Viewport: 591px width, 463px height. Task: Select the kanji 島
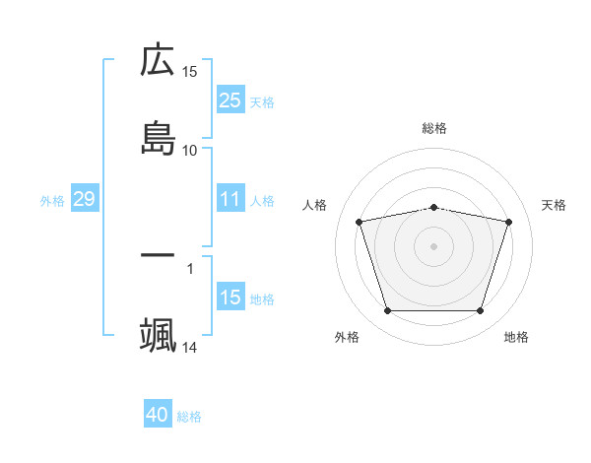tap(158, 139)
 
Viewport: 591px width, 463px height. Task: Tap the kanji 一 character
tap(158, 256)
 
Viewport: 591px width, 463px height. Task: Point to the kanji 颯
tap(158, 336)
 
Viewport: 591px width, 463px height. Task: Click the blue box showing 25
tap(230, 100)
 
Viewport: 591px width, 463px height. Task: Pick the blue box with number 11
tap(230, 200)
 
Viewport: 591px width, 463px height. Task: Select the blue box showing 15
tap(230, 298)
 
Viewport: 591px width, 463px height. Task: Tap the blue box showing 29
tap(84, 200)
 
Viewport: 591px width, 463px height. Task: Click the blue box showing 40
tap(158, 416)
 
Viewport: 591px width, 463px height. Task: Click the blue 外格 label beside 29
tap(52, 201)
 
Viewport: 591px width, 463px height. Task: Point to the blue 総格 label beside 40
tap(189, 417)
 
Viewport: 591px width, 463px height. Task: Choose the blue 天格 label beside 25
tap(262, 101)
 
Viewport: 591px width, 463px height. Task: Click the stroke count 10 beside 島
tap(190, 150)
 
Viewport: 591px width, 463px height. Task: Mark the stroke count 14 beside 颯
tap(190, 348)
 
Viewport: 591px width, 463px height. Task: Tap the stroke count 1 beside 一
tap(190, 267)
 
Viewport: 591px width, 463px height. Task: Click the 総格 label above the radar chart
tap(434, 128)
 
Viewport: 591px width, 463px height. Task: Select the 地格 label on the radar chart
tap(516, 338)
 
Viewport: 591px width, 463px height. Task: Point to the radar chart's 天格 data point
tap(509, 222)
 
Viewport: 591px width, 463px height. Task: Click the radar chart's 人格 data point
tap(360, 222)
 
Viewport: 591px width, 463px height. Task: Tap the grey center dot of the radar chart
tap(434, 245)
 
